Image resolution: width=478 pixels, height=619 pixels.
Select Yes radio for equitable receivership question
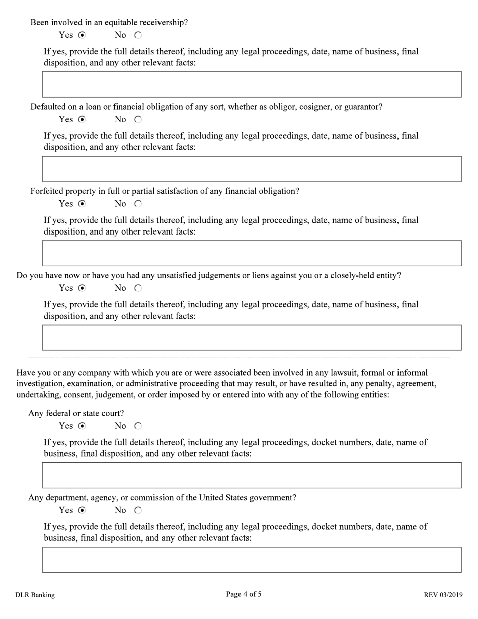(x=82, y=35)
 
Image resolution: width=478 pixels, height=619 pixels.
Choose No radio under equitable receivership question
(x=138, y=35)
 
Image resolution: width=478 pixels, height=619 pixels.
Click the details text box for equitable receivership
(x=252, y=85)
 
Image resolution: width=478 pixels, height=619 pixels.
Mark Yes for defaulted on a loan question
(x=82, y=120)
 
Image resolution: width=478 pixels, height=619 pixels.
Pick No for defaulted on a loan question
(x=138, y=120)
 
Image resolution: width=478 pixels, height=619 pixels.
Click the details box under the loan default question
(x=252, y=169)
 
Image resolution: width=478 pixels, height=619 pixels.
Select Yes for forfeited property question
(x=82, y=204)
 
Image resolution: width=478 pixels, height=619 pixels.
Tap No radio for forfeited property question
(x=138, y=204)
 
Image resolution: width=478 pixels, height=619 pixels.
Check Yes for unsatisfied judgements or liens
(x=82, y=288)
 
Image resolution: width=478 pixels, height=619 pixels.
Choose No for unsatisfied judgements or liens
(x=138, y=288)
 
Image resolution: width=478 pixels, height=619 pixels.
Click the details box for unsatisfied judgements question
(x=252, y=338)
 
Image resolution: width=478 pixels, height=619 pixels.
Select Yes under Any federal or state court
(x=82, y=426)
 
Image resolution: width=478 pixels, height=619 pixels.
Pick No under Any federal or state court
(x=138, y=426)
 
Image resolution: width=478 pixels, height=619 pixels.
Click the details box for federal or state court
(x=252, y=475)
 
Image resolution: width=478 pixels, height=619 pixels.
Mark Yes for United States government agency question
(x=82, y=510)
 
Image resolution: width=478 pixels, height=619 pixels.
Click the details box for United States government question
(x=252, y=560)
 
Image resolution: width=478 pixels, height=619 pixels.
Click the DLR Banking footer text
(x=35, y=595)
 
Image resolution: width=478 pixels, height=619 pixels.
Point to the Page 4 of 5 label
(x=244, y=594)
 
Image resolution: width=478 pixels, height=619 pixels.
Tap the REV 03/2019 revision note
(x=443, y=595)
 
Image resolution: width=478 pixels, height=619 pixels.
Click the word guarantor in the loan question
(x=362, y=107)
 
